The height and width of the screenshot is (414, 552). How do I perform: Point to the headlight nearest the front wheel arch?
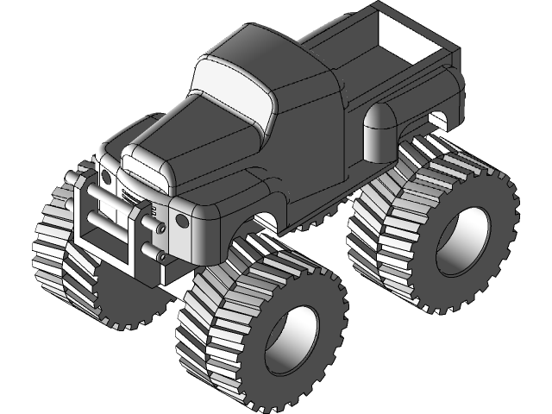click(182, 221)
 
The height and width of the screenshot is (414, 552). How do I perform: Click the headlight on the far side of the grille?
click(107, 177)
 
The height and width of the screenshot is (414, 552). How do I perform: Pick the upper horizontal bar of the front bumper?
click(112, 210)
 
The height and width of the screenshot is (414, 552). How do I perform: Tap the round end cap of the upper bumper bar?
click(160, 228)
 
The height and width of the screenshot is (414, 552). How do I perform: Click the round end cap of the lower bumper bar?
click(160, 255)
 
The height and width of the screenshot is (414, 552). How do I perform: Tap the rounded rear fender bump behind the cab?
click(377, 134)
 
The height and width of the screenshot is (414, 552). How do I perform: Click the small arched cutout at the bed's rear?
click(441, 116)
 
